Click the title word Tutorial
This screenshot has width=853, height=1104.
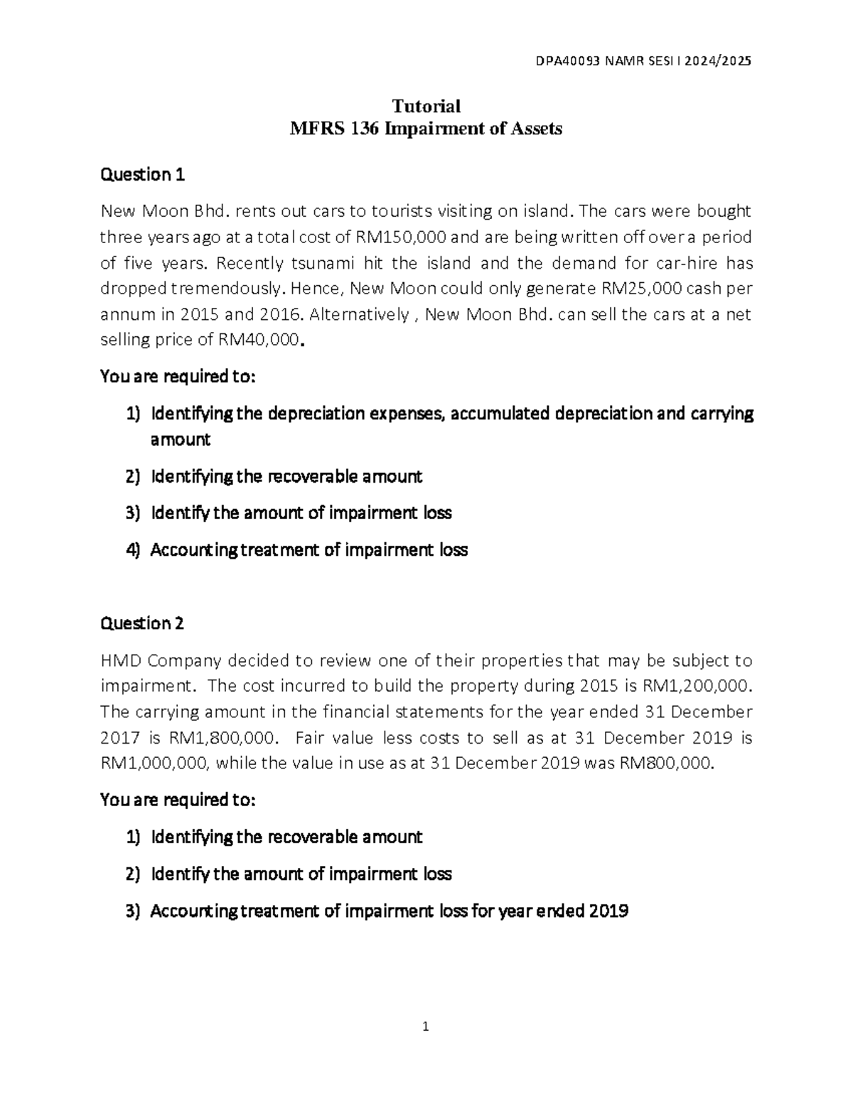tap(426, 106)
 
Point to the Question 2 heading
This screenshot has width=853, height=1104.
tap(143, 623)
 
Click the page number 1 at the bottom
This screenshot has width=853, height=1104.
tap(426, 1027)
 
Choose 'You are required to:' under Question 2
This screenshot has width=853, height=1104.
tap(177, 800)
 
